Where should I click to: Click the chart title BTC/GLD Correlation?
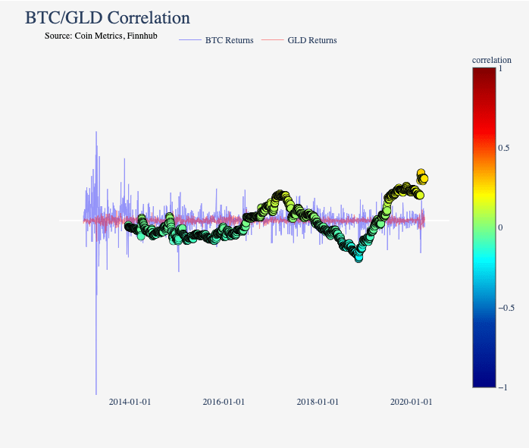coord(107,17)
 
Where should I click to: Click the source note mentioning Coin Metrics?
coord(101,36)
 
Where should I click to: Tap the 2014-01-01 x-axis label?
coord(130,402)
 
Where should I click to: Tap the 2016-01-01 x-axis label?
coord(224,402)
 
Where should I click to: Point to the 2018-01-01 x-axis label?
coord(318,402)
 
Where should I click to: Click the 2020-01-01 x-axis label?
coord(412,402)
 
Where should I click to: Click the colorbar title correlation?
coord(491,59)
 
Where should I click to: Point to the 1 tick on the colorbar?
coord(499,68)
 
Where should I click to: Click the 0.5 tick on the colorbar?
coord(502,148)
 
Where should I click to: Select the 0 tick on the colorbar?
coord(499,227)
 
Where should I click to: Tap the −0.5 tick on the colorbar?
coord(506,308)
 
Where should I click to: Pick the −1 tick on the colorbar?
coord(502,387)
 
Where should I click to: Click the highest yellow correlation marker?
coord(421,173)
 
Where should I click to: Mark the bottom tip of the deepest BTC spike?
coord(96,394)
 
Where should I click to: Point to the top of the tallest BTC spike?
coord(96,132)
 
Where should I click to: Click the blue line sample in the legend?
coord(190,40)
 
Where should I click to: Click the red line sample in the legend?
coord(272,40)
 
